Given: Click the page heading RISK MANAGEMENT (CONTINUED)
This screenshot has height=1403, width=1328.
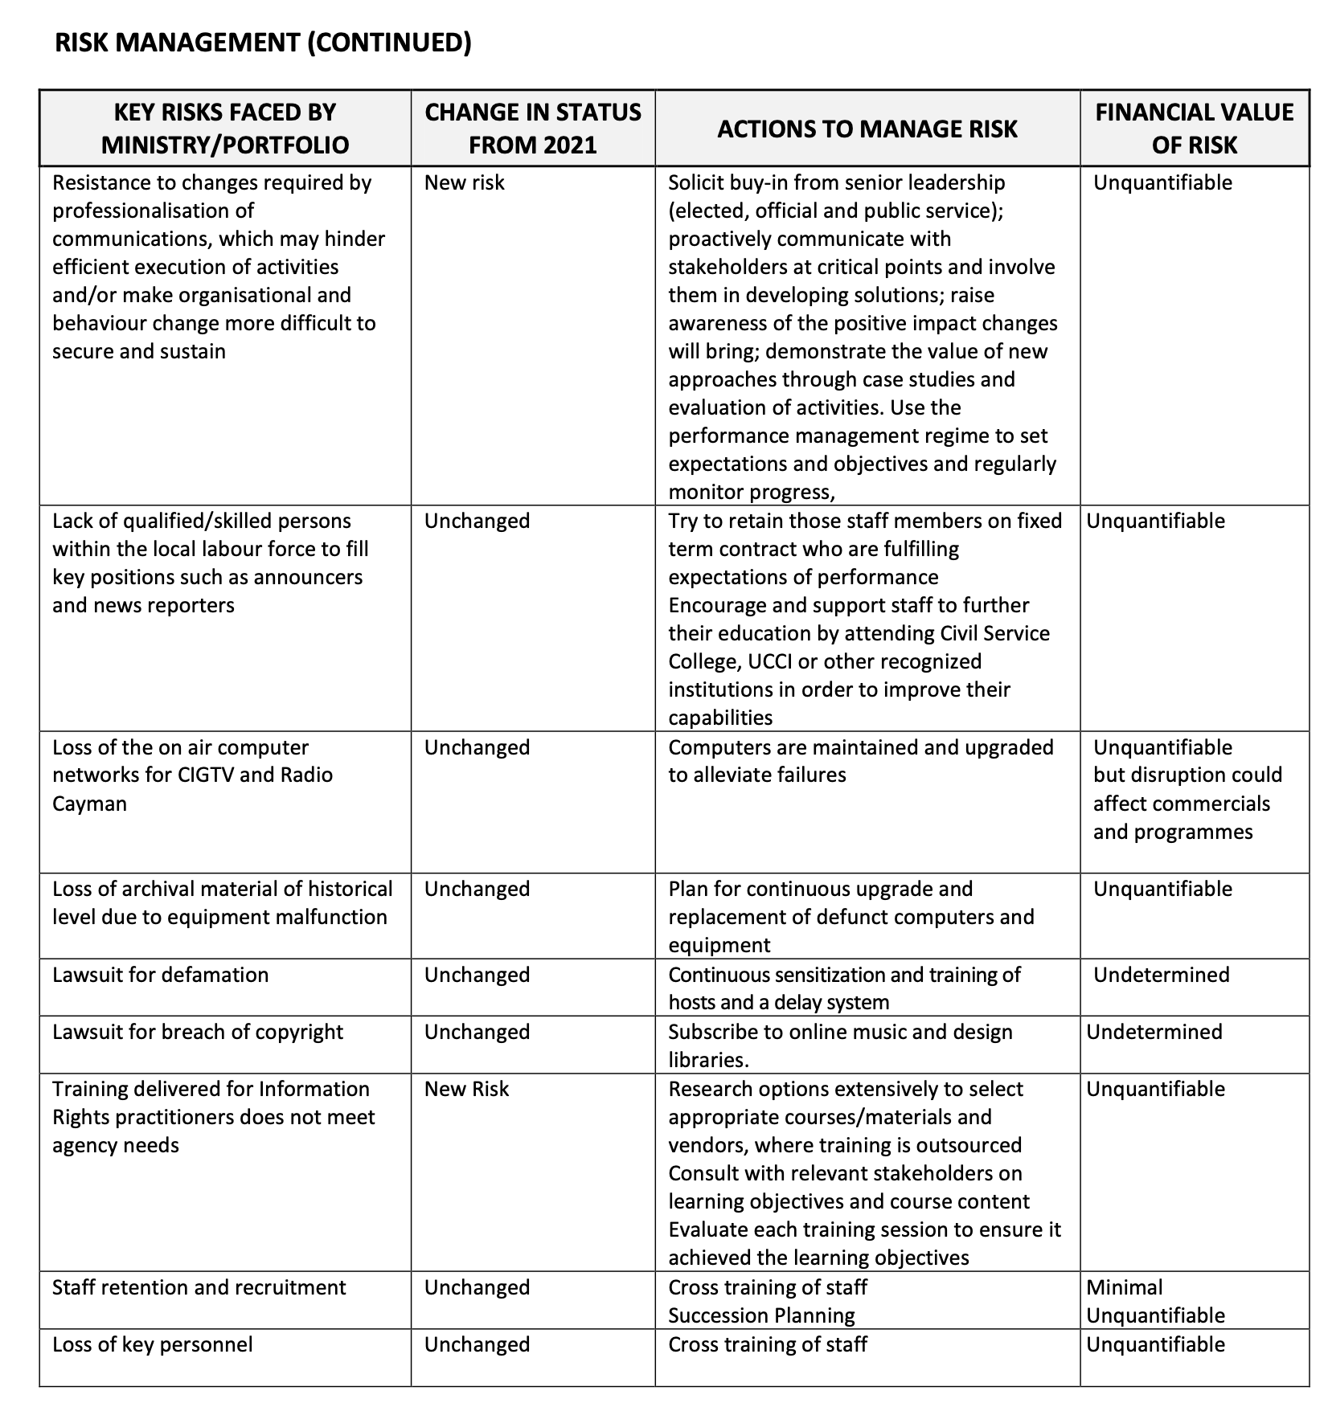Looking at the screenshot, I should click(x=263, y=42).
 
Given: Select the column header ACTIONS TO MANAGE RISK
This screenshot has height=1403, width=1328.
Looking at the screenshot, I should click(x=867, y=129).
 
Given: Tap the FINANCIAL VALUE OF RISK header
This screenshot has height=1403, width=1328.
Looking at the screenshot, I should click(x=1194, y=129).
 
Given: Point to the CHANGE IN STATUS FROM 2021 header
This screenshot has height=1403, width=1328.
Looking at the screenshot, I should click(x=533, y=129).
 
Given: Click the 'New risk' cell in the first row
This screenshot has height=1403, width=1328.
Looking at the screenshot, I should click(x=465, y=183).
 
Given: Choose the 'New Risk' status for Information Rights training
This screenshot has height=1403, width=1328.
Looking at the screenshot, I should click(x=466, y=1090).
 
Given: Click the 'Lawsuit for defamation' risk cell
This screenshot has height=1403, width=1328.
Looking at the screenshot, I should click(x=161, y=976).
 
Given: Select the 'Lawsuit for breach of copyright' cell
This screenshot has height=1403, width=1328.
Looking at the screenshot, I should click(x=198, y=1033).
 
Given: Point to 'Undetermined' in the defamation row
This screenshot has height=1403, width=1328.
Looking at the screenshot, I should click(x=1162, y=976).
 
